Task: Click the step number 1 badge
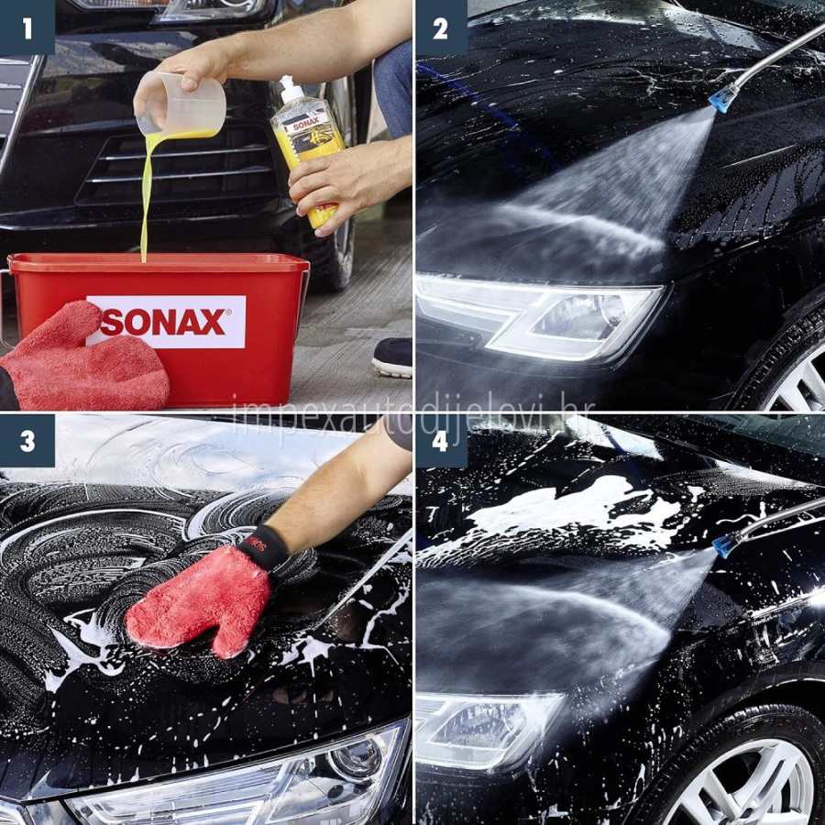[27, 27]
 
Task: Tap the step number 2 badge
[440, 27]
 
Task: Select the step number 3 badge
[27, 441]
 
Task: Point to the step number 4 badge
[440, 441]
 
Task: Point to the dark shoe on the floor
[392, 356]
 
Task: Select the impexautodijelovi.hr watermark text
[412, 411]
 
